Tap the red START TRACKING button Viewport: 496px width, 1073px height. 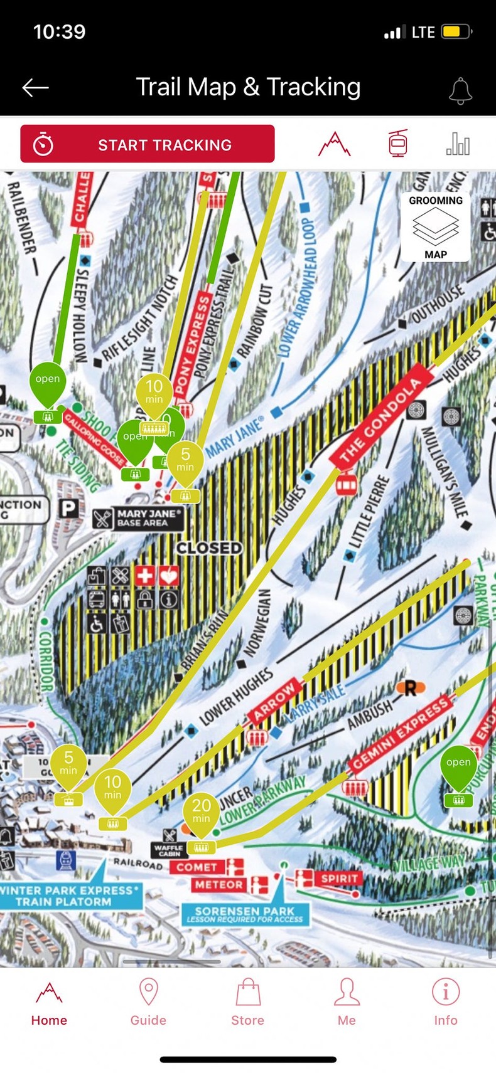[x=148, y=144]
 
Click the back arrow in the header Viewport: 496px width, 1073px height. [x=36, y=88]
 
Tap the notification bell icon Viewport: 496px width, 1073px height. [x=460, y=90]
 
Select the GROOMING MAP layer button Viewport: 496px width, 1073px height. [x=435, y=226]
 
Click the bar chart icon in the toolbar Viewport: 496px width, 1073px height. [x=458, y=144]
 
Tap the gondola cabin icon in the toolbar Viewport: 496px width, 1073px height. [x=397, y=144]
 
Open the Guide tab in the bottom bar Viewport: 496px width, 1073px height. [x=148, y=1002]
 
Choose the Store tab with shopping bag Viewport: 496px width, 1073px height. [x=247, y=1002]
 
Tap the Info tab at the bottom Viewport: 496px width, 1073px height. [x=445, y=1002]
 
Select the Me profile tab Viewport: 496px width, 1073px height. [x=347, y=1002]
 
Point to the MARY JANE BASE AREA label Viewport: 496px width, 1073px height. [x=149, y=518]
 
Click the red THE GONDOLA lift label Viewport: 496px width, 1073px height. [x=380, y=421]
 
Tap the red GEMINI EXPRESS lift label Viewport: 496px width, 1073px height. [x=401, y=733]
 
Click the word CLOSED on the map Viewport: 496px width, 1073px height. [x=209, y=548]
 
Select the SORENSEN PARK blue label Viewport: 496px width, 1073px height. [x=245, y=914]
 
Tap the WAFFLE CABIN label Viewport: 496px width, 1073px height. [x=169, y=850]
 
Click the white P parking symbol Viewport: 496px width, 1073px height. [x=68, y=509]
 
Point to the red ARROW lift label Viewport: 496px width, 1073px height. [x=274, y=700]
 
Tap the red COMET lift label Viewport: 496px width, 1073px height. [x=197, y=867]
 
